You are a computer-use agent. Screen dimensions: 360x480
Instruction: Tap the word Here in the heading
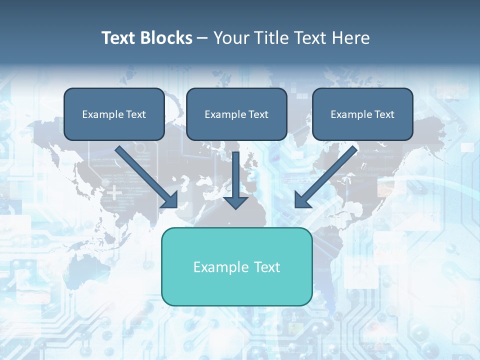(x=351, y=38)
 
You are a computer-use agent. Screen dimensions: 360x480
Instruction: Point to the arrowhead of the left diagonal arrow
(x=170, y=200)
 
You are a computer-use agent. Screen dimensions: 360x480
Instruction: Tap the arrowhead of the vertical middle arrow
(x=235, y=202)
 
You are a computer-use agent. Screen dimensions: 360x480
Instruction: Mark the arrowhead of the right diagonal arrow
(x=302, y=200)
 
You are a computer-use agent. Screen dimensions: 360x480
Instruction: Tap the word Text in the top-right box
(x=384, y=114)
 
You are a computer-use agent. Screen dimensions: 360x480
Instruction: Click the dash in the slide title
(x=202, y=38)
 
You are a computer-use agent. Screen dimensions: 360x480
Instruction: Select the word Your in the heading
(x=230, y=38)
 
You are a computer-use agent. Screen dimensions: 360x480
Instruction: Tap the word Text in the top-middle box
(x=258, y=114)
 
